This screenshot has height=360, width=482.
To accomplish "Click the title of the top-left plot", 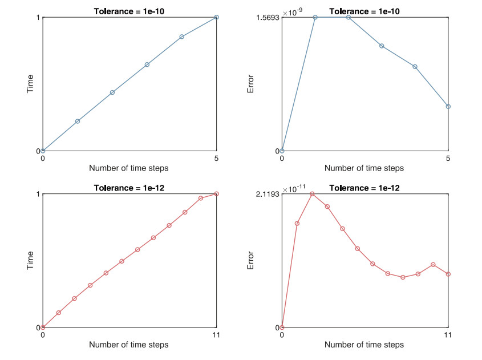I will point(129,11).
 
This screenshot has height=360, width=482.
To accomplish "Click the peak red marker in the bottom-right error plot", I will point(312,194).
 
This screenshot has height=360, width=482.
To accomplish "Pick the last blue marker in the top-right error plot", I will point(448,106).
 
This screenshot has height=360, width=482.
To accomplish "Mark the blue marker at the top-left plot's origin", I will point(43,151).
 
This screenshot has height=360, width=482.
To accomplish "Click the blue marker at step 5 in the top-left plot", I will point(216,17).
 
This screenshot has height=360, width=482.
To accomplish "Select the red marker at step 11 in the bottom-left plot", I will point(216,194).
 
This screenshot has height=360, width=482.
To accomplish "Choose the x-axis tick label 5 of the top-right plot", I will point(448,158).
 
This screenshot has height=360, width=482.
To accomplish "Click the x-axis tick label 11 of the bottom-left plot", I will point(216,335).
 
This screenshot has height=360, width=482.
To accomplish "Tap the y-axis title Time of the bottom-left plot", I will point(30,261).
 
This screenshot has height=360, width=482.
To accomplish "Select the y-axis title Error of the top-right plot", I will point(250,84).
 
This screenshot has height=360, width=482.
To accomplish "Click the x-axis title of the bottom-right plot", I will point(364,345).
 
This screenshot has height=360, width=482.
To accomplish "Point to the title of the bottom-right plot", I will point(364,188).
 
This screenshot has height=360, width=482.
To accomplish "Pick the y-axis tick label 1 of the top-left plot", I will point(38,18).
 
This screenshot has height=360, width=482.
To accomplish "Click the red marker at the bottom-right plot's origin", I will point(282,327).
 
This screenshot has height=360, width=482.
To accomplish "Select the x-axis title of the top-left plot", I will point(129,168).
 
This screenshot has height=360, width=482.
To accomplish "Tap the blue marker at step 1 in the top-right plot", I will point(315,17).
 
